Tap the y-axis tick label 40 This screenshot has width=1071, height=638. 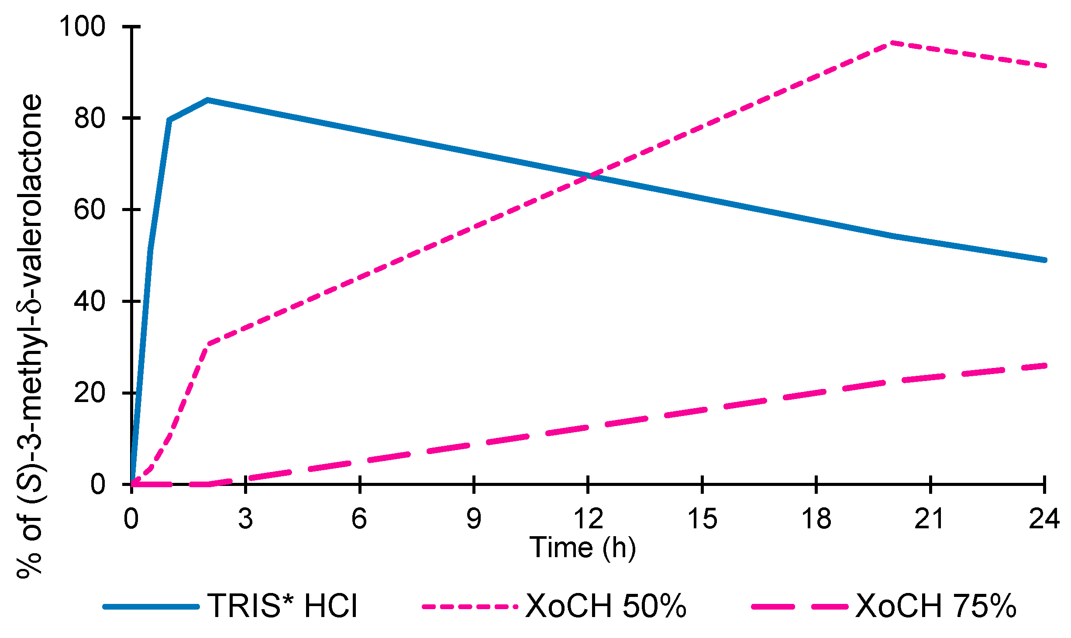pyautogui.click(x=90, y=301)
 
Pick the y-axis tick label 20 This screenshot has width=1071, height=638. pyautogui.click(x=90, y=392)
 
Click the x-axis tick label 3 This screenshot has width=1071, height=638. pyautogui.click(x=245, y=519)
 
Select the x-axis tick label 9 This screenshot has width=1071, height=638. pyautogui.click(x=474, y=519)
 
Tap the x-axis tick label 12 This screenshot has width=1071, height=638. pyautogui.click(x=588, y=519)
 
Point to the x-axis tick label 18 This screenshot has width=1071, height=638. pyautogui.click(x=816, y=519)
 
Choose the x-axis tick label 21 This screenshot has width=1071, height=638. pyautogui.click(x=930, y=519)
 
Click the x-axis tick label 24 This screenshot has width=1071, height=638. pyautogui.click(x=1044, y=519)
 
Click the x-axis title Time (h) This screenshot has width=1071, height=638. pyautogui.click(x=582, y=547)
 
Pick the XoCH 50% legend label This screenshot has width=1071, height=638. pyautogui.click(x=606, y=606)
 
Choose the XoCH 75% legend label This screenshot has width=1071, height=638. pyautogui.click(x=936, y=606)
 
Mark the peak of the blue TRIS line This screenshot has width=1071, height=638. pyautogui.click(x=208, y=100)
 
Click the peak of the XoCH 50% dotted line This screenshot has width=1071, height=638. pyautogui.click(x=892, y=43)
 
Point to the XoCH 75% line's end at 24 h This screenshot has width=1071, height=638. pyautogui.click(x=1044, y=365)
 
